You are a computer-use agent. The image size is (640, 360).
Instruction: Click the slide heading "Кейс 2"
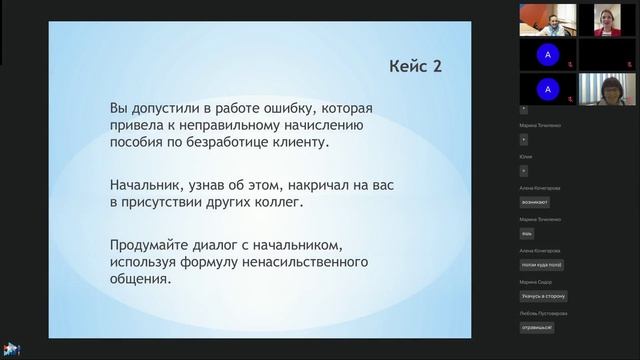(415, 66)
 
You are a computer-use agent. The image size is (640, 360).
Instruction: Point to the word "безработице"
(234, 143)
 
